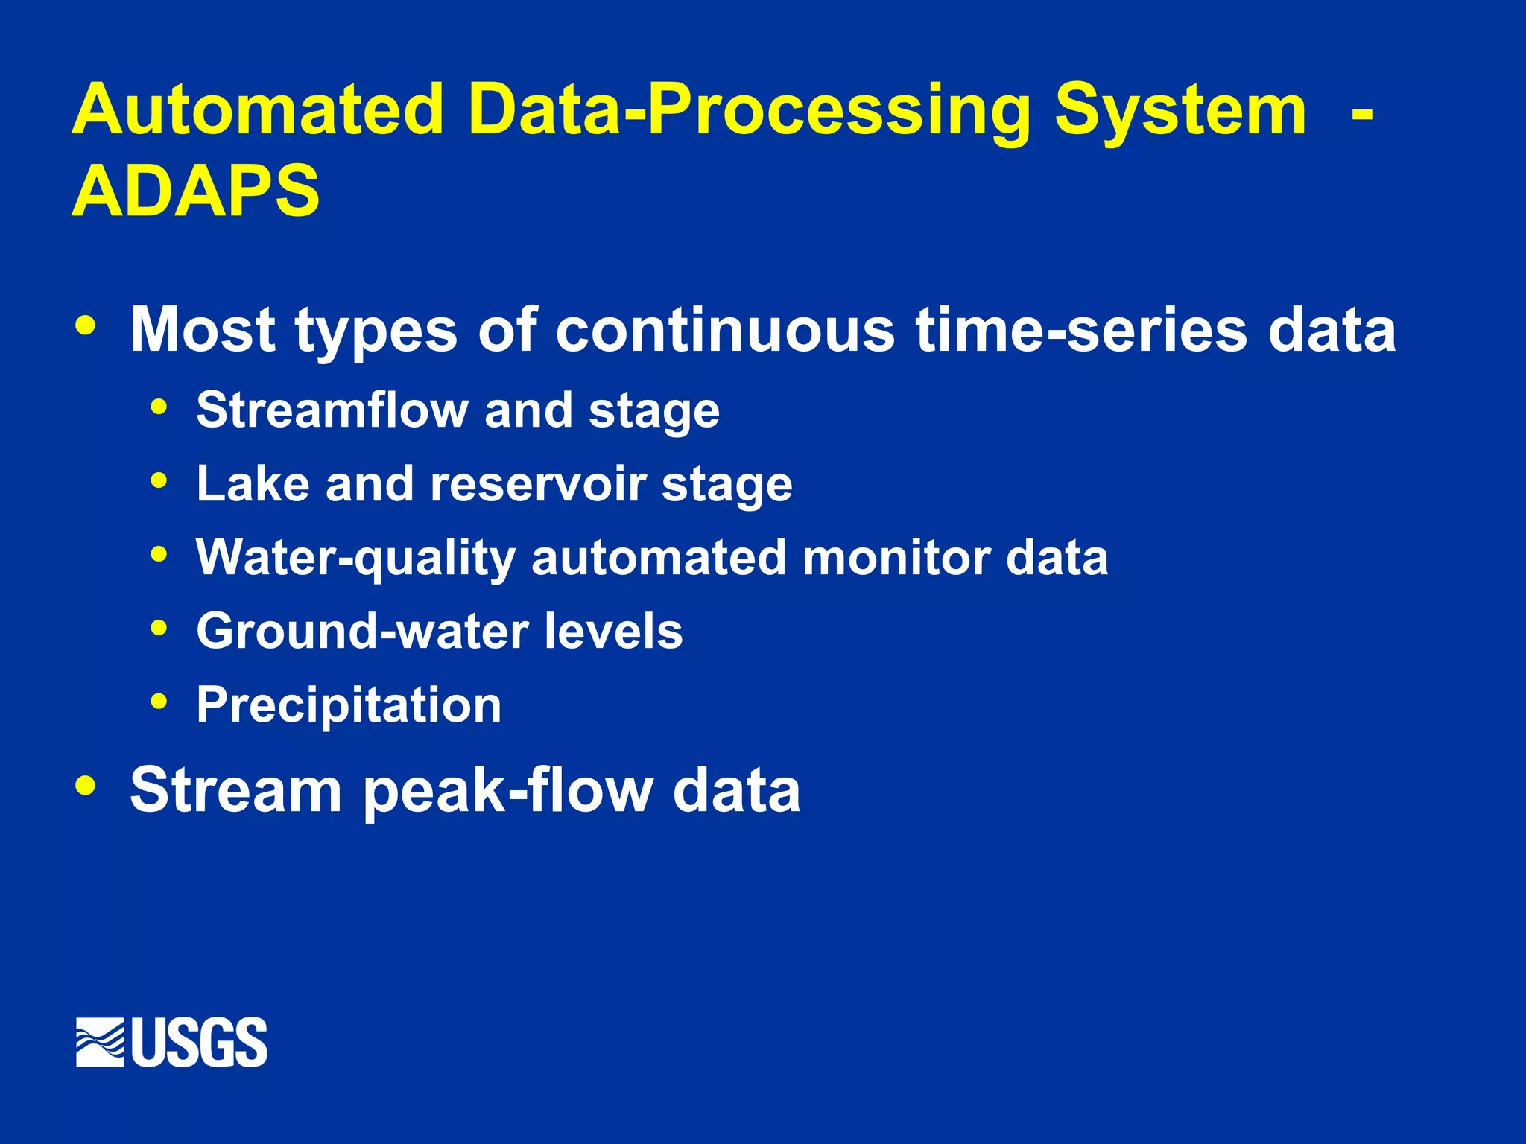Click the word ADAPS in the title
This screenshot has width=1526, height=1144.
[195, 191]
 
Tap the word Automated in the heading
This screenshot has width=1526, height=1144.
[257, 109]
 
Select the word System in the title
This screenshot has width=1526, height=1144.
[1180, 109]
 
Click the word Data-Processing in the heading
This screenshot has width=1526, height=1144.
[750, 109]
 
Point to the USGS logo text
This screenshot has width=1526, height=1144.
[200, 1042]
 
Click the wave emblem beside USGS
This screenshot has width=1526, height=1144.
[100, 1042]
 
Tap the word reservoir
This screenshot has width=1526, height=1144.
[538, 484]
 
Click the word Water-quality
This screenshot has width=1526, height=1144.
[355, 558]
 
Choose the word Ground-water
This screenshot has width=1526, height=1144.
[361, 631]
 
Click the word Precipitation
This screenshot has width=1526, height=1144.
[348, 705]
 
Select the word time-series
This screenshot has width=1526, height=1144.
[1081, 330]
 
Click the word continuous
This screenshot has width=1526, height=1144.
[724, 330]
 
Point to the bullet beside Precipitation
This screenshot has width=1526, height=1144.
[159, 701]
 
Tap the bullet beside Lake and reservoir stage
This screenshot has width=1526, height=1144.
[159, 480]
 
